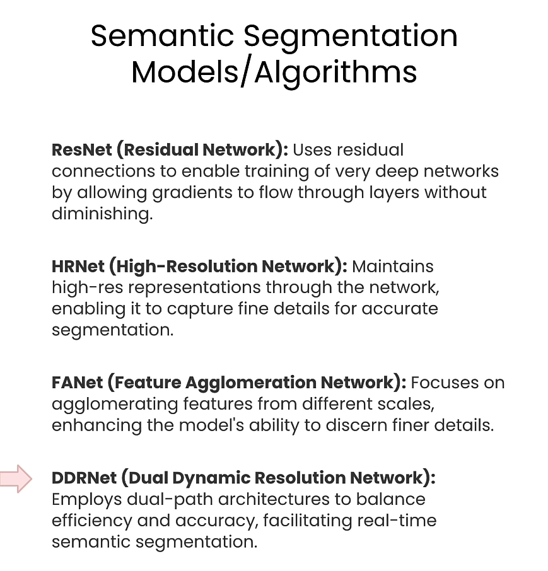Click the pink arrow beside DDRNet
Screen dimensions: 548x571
click(x=16, y=478)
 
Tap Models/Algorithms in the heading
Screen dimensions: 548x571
click(x=274, y=71)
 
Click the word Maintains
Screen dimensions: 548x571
click(x=393, y=266)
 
